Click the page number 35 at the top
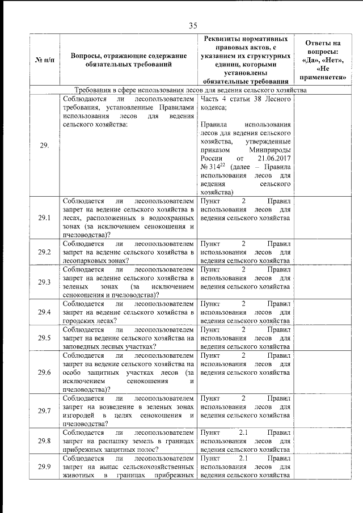coord(192,25)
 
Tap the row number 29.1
coord(44,218)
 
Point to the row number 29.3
coord(44,282)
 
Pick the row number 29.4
coord(44,312)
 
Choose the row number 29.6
coord(44,372)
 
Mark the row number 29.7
coord(44,410)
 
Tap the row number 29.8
coord(44,440)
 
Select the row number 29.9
coord(44,467)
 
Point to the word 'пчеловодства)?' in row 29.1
coord(87,235)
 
